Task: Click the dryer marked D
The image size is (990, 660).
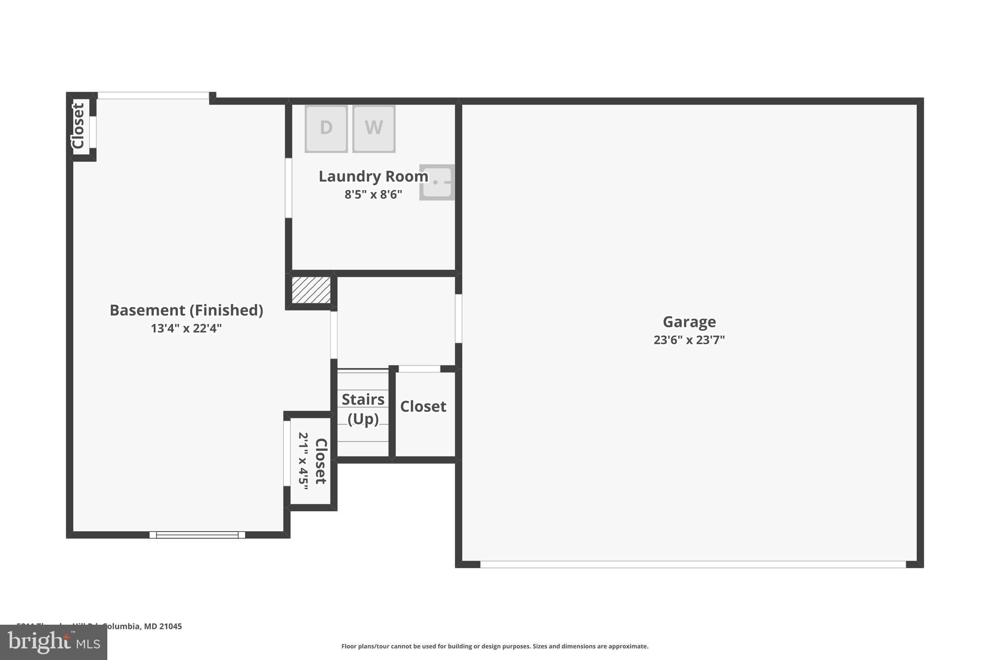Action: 326,129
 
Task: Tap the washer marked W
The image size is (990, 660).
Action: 374,129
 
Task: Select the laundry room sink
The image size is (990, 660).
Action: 437,182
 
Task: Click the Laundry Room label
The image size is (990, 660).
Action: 373,176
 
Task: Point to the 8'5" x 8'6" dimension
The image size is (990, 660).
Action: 373,194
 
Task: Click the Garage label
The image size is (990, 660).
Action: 689,322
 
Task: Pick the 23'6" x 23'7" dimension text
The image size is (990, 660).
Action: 689,340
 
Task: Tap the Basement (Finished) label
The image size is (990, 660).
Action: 186,310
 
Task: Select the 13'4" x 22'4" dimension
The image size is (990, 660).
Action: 186,328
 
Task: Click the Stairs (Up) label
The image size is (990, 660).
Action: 363,409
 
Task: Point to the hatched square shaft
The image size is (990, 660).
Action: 311,290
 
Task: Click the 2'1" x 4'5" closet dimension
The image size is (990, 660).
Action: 304,461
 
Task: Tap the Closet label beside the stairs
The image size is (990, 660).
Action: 423,406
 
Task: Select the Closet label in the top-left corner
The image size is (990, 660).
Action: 78,126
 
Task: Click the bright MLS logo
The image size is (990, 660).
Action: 54,642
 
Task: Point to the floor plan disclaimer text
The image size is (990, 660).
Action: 495,646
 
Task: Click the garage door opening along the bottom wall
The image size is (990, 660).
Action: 693,564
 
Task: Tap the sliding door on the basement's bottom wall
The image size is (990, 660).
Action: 197,535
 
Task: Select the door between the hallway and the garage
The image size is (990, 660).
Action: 458,319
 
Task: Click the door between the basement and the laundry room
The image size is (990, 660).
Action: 289,188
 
